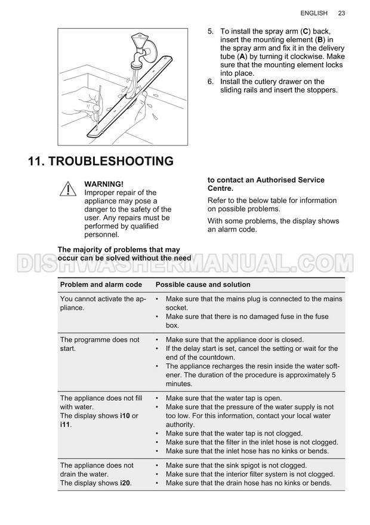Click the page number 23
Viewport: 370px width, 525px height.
tap(341, 13)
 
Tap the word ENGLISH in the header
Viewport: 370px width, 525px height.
tap(314, 13)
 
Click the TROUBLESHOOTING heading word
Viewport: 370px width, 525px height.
tap(111, 161)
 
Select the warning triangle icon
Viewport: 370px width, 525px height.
tap(68, 189)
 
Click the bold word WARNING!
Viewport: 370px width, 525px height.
tap(104, 184)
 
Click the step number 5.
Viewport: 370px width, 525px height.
tap(210, 32)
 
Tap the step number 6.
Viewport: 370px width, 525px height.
tap(210, 82)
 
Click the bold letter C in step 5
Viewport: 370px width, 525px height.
tap(305, 32)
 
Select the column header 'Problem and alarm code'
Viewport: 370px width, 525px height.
tap(101, 285)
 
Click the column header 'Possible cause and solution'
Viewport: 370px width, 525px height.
tap(203, 285)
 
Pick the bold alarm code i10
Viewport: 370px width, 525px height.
tap(125, 416)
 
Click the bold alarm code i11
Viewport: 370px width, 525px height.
tap(65, 425)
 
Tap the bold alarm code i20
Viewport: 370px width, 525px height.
tap(125, 483)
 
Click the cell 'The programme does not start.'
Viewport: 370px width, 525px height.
tap(100, 344)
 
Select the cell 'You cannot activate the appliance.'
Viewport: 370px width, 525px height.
tap(103, 303)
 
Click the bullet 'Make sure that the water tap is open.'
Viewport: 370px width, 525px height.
tap(224, 398)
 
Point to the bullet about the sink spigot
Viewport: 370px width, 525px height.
tap(236, 465)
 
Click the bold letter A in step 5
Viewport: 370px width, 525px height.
tap(242, 57)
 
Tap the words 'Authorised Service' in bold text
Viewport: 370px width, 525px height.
tap(290, 180)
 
